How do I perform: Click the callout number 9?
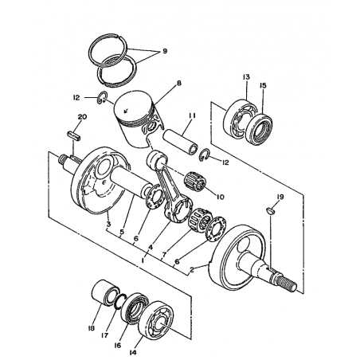pos(165,51)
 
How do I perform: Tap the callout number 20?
pos(82,116)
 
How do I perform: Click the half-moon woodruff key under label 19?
pos(271,211)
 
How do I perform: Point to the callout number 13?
pos(246,77)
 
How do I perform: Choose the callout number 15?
pos(263,85)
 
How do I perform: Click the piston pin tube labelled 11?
pos(180,141)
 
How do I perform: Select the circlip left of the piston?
pos(102,97)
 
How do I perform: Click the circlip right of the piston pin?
pos(205,155)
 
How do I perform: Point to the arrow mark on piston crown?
pos(126,110)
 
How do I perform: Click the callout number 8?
pos(179,83)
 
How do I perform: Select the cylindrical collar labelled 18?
pos(104,293)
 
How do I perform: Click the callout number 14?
pos(133,352)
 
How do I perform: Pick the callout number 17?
pos(105,335)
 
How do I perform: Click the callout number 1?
pos(143,260)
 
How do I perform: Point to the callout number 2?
pos(192,270)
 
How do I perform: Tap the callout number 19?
pos(280,197)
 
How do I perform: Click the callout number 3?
pos(108,224)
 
